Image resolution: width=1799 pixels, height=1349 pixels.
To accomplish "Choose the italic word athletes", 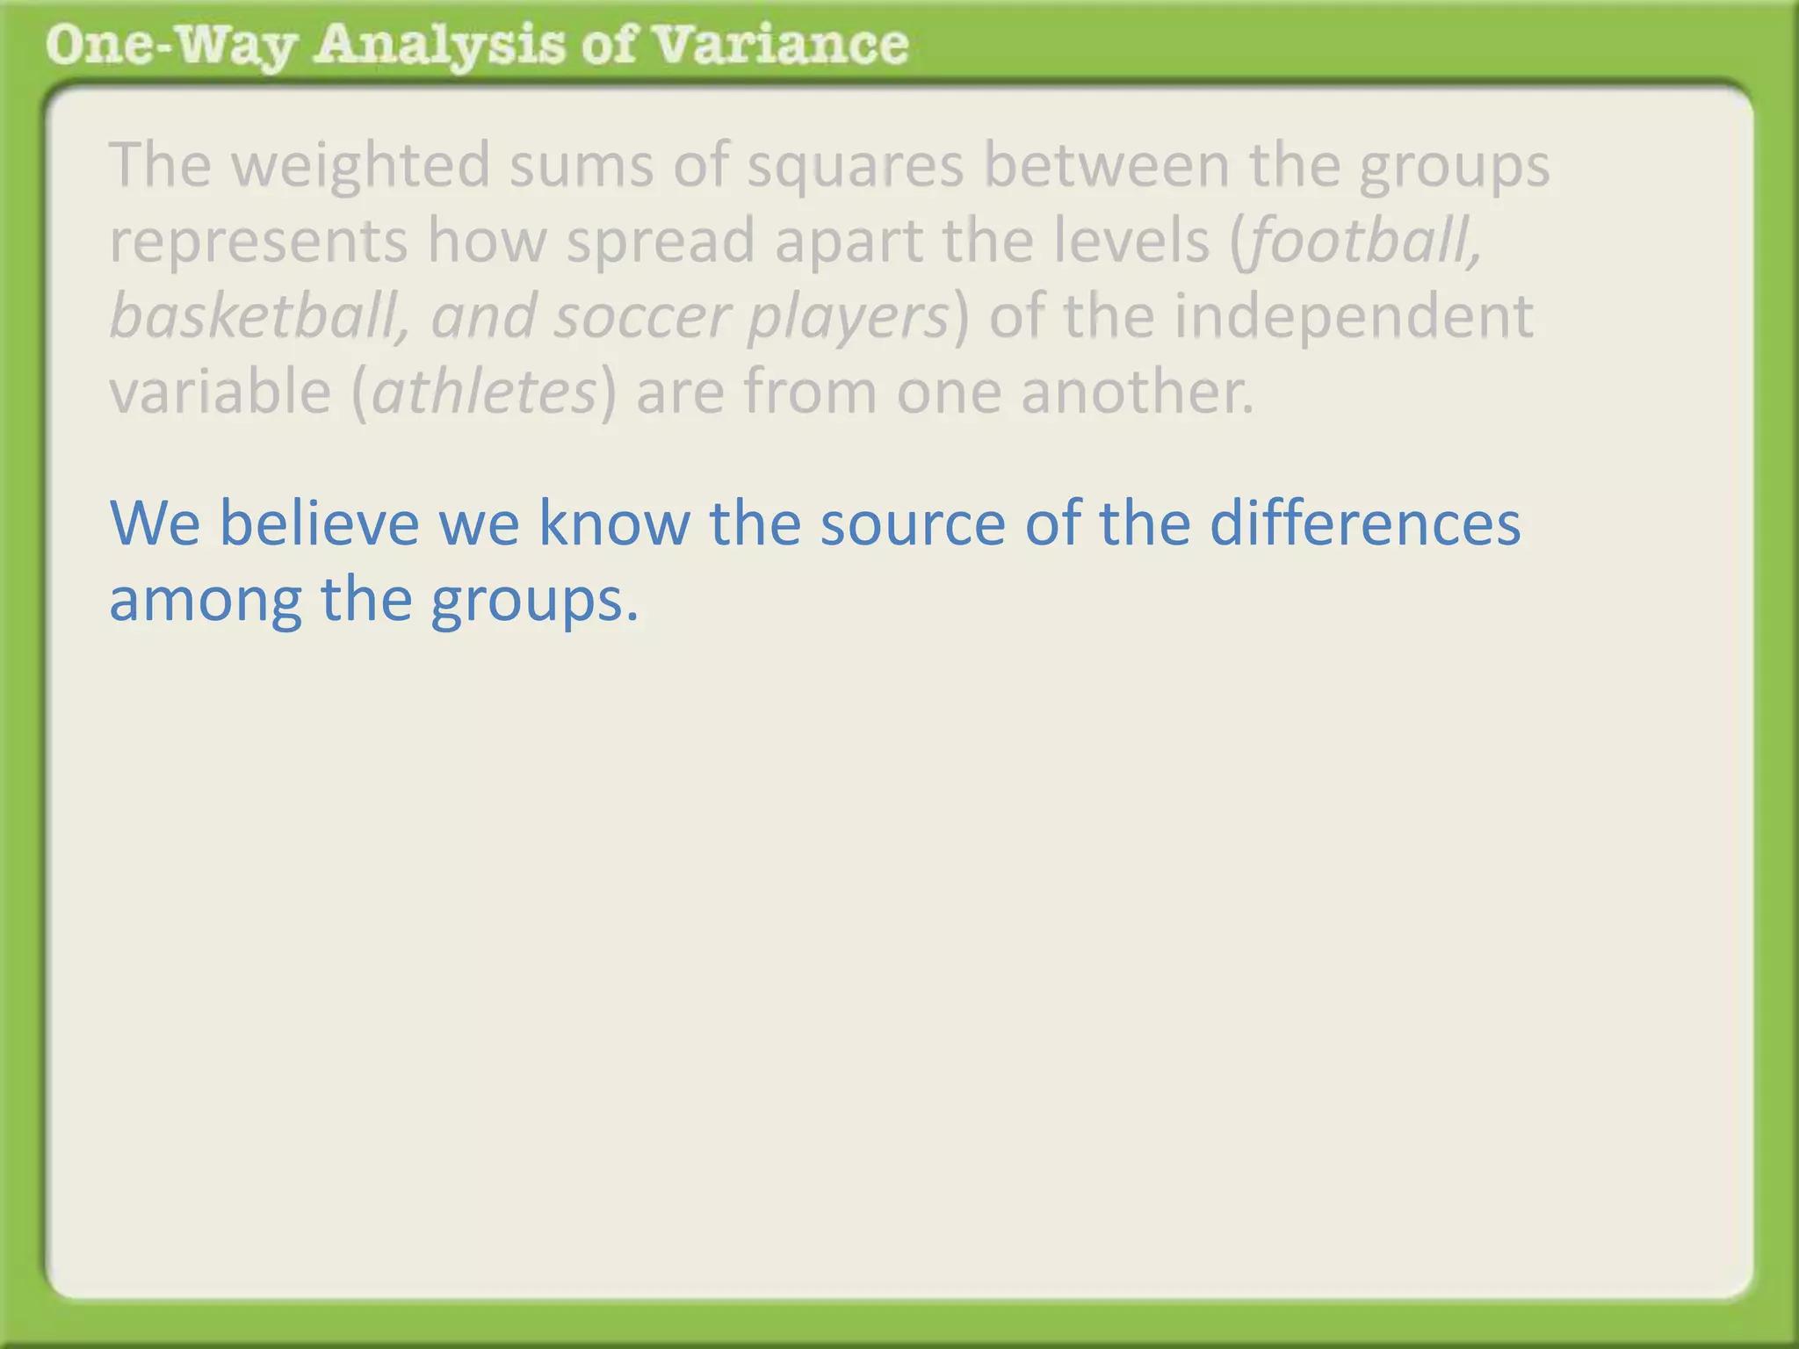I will click(x=485, y=392).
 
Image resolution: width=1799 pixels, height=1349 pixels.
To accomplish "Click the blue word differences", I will click(x=1365, y=523).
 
